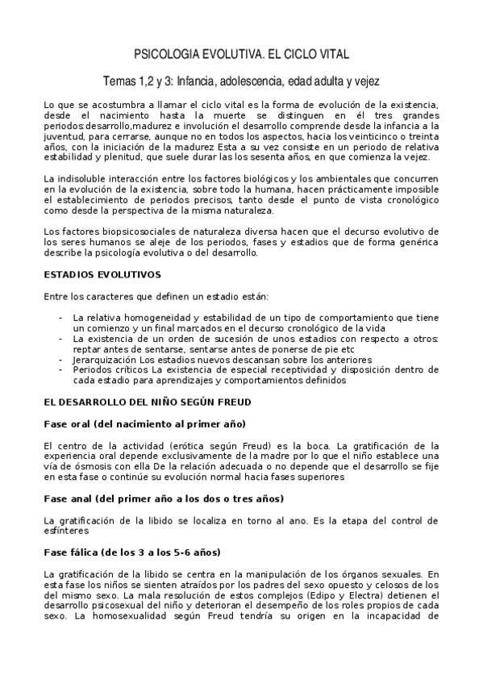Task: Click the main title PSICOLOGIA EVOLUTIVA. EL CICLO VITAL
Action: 241,55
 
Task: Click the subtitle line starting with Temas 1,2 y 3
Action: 241,81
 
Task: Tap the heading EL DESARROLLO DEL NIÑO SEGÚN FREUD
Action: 147,401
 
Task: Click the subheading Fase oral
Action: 144,423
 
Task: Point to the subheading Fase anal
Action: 163,498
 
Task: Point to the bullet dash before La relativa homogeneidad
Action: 61,317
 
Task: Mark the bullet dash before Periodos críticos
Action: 61,369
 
